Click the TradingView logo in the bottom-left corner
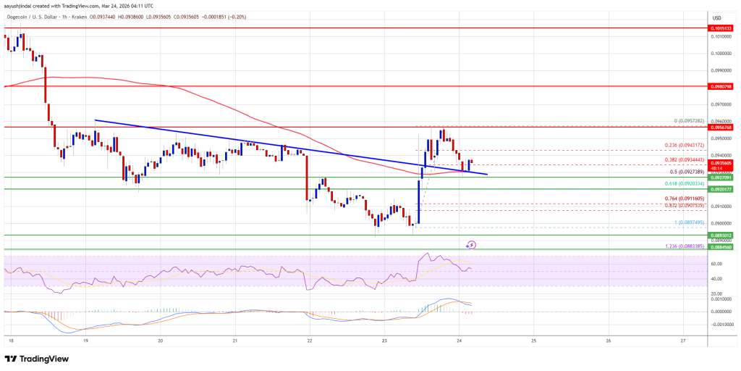coord(38,358)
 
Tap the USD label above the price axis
coord(716,17)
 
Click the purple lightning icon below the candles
coord(472,246)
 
